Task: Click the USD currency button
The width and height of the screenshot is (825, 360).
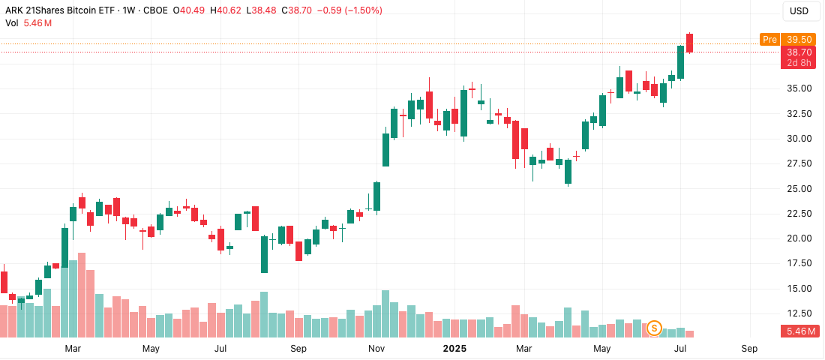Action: pos(800,11)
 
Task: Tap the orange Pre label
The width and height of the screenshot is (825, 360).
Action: pos(769,40)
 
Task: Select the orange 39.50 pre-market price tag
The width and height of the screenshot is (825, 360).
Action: pos(796,40)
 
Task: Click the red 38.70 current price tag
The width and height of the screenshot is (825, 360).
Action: pos(796,52)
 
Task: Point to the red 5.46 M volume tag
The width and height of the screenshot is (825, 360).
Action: pos(796,331)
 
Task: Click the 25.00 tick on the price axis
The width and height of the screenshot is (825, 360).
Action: pos(796,188)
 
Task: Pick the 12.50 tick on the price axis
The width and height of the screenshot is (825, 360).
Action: pos(796,313)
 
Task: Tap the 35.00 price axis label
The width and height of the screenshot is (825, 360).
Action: pos(796,88)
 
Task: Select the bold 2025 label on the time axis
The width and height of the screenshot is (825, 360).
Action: pos(455,349)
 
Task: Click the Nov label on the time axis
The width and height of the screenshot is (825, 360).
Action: pos(377,349)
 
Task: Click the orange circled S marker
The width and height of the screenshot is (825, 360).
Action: pos(654,328)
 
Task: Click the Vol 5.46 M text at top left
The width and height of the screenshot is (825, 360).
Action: pos(28,23)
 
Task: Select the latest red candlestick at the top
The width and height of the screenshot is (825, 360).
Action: pos(690,43)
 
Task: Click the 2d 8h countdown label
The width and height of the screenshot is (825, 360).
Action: pos(796,63)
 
